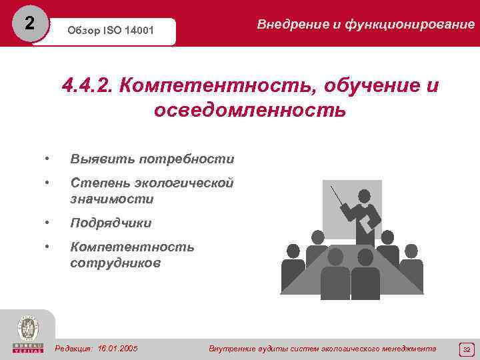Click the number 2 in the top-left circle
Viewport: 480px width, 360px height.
29,23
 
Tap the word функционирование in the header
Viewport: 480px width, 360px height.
413,25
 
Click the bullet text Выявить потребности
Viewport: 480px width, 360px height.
152,159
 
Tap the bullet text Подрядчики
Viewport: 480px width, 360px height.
111,223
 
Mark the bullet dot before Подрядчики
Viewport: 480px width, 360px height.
47,223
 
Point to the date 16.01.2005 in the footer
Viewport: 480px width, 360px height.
117,348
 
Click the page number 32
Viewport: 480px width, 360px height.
466,349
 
